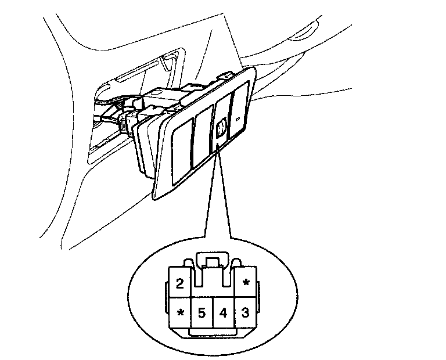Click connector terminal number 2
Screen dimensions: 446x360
(180, 284)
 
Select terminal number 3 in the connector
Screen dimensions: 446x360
(245, 313)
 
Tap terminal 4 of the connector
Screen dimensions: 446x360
(223, 313)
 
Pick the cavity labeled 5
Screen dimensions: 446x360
(202, 313)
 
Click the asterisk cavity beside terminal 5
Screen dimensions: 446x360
(180, 313)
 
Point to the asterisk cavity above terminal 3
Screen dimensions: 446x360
(246, 283)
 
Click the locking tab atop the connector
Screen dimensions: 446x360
(213, 261)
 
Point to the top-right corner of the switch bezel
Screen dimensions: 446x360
(254, 69)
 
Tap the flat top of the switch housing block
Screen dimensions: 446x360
(168, 93)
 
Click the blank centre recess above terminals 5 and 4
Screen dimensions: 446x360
(213, 285)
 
